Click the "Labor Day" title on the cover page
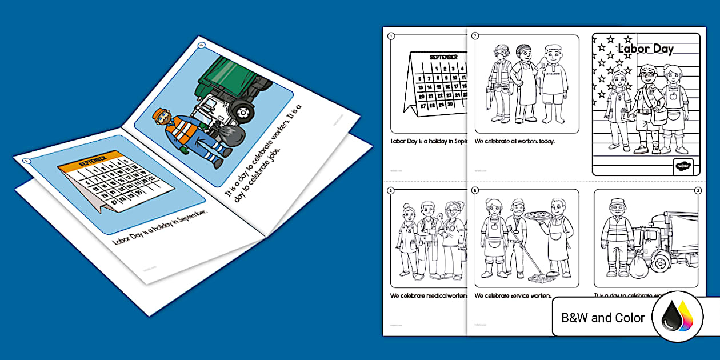point(646,49)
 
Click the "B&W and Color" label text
point(603,318)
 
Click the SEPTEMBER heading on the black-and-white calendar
point(443,57)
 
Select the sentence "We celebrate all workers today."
point(515,141)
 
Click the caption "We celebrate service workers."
point(513,296)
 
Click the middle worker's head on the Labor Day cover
point(646,75)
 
